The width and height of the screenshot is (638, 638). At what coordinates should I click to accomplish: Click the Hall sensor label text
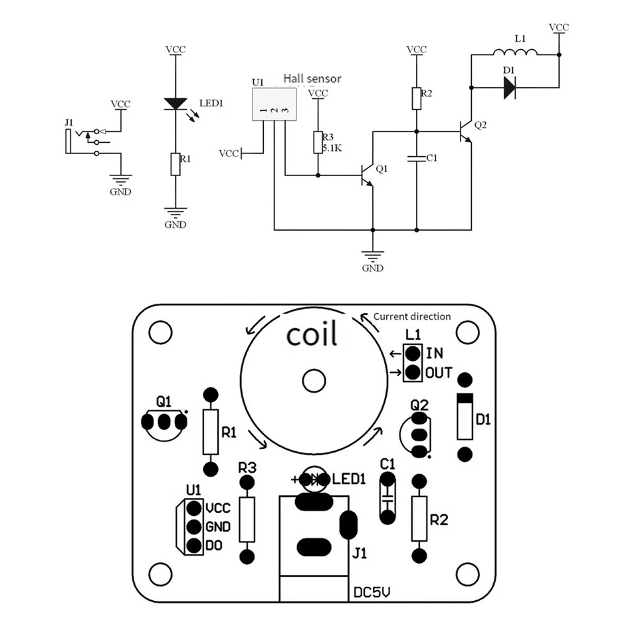click(x=312, y=78)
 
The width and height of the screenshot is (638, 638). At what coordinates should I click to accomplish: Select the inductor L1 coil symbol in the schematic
click(x=515, y=53)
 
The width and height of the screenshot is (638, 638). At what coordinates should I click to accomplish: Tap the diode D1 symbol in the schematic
click(x=510, y=87)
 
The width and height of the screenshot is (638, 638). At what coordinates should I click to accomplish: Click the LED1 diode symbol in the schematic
click(x=175, y=104)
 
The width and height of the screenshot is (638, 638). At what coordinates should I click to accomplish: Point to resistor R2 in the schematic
click(x=417, y=98)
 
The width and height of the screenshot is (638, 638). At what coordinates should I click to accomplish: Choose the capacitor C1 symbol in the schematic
click(x=417, y=158)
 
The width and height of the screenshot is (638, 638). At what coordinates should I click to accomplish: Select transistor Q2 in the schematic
click(x=465, y=131)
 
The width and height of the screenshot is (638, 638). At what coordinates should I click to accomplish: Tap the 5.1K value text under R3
click(x=332, y=149)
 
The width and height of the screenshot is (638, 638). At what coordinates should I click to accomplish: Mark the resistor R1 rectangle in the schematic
click(x=175, y=164)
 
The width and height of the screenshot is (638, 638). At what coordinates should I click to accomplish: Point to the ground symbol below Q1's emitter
click(x=373, y=255)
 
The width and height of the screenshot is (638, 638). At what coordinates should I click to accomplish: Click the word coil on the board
click(x=312, y=334)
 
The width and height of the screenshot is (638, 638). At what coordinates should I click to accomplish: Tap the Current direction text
click(x=411, y=316)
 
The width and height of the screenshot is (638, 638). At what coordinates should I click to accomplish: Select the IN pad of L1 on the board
click(x=413, y=354)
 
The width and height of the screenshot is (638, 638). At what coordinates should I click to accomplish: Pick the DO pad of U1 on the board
click(x=194, y=546)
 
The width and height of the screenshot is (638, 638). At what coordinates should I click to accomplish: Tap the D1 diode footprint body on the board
click(x=465, y=417)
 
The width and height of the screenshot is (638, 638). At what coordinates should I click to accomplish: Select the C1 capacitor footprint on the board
click(x=387, y=498)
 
